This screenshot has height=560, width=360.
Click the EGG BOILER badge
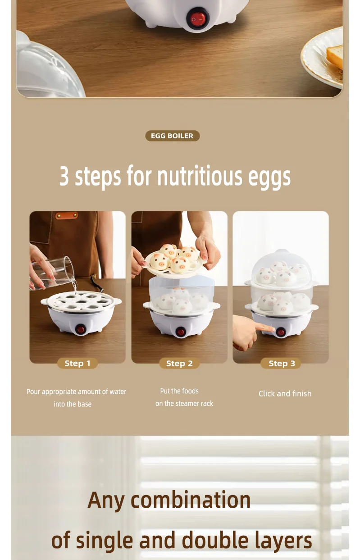click(172, 136)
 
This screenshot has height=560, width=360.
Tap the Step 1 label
click(77, 363)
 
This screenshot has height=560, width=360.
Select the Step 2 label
click(179, 363)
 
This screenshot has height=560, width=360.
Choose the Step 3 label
click(282, 363)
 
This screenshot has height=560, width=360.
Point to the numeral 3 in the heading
click(64, 176)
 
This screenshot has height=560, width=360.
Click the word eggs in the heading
click(269, 177)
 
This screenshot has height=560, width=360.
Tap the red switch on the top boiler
click(197, 19)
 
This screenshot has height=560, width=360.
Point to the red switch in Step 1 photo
click(81, 329)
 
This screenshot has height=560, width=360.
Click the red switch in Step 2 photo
click(181, 332)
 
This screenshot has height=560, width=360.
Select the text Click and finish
click(285, 394)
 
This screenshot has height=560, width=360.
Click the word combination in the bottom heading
click(190, 500)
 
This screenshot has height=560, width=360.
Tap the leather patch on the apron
click(66, 215)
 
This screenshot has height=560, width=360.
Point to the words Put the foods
click(179, 391)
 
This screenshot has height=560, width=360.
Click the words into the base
click(73, 404)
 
